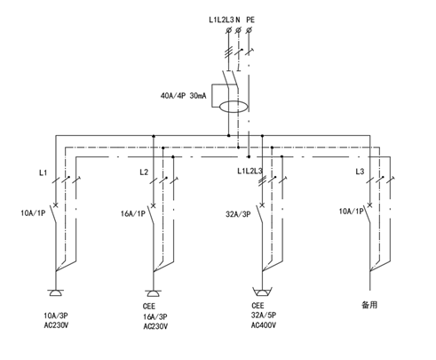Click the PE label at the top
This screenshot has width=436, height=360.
pyautogui.click(x=250, y=20)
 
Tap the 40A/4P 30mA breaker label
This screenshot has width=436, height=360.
pyautogui.click(x=183, y=96)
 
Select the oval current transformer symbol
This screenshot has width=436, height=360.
pyautogui.click(x=234, y=107)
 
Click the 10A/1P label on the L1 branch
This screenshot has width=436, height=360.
pyautogui.click(x=33, y=212)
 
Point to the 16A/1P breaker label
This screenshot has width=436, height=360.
pyautogui.click(x=133, y=213)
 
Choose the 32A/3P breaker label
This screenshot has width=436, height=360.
pyautogui.click(x=238, y=214)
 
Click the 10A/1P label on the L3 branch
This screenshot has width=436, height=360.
pyautogui.click(x=351, y=212)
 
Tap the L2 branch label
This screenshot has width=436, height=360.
pyautogui.click(x=144, y=172)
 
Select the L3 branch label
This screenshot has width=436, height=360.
pyautogui.click(x=360, y=172)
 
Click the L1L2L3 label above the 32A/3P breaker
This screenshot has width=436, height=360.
pyautogui.click(x=250, y=171)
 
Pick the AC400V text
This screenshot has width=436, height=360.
pyautogui.click(x=264, y=325)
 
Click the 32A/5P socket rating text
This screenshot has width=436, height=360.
pyautogui.click(x=264, y=316)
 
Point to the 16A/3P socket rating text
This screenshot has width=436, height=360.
pyautogui.click(x=155, y=316)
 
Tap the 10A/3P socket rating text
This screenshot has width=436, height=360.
pyautogui.click(x=56, y=316)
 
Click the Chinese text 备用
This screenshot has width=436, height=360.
pyautogui.click(x=369, y=305)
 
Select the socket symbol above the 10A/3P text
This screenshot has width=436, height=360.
pyautogui.click(x=55, y=293)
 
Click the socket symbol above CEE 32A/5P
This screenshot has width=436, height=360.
pyautogui.click(x=262, y=292)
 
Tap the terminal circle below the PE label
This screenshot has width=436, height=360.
pyautogui.click(x=249, y=30)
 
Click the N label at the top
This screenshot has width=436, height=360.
pyautogui.click(x=238, y=20)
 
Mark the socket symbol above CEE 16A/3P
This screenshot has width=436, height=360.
pyautogui.click(x=153, y=293)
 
